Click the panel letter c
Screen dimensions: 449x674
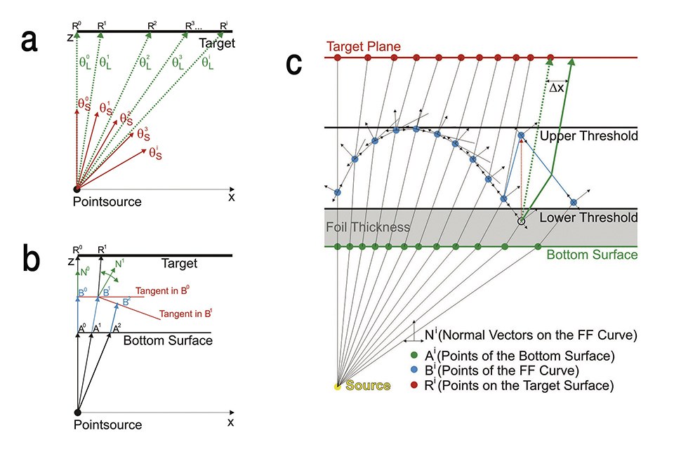point(295,65)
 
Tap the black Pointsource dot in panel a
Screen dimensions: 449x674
point(77,189)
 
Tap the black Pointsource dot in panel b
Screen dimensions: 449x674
point(77,412)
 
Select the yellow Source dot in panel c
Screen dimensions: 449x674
point(337,386)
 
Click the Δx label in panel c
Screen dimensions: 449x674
point(556,88)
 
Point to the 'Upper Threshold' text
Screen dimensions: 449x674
point(588,136)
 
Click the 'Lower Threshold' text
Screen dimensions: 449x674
point(588,217)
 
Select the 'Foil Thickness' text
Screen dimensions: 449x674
point(368,228)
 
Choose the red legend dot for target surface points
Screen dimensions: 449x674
point(414,385)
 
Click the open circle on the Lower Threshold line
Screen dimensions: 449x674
point(521,221)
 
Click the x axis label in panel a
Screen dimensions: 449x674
point(231,198)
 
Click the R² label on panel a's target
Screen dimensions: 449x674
point(151,26)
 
